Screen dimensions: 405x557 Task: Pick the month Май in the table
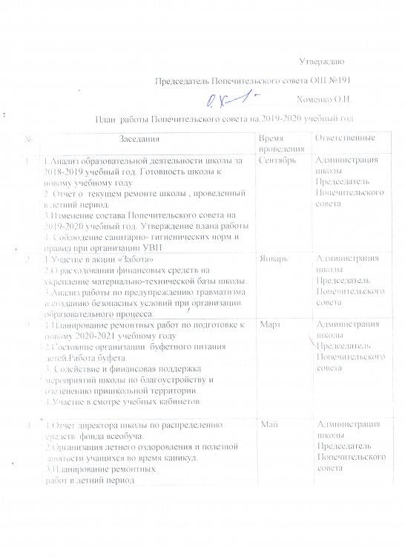269,423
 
